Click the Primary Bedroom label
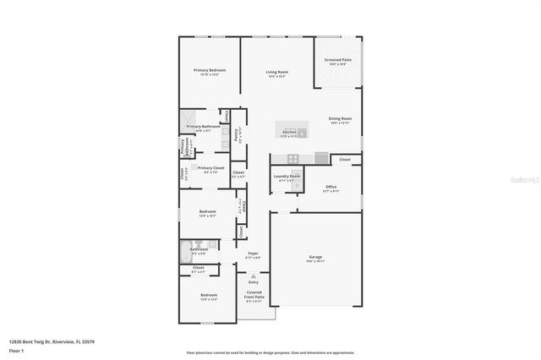click(208, 71)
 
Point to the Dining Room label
click(340, 120)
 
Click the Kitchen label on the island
click(290, 133)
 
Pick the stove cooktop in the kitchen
click(292, 158)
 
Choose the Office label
click(331, 188)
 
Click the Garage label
click(314, 258)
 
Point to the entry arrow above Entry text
click(253, 275)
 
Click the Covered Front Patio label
click(253, 296)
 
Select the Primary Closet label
click(210, 169)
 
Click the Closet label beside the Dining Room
click(345, 159)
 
